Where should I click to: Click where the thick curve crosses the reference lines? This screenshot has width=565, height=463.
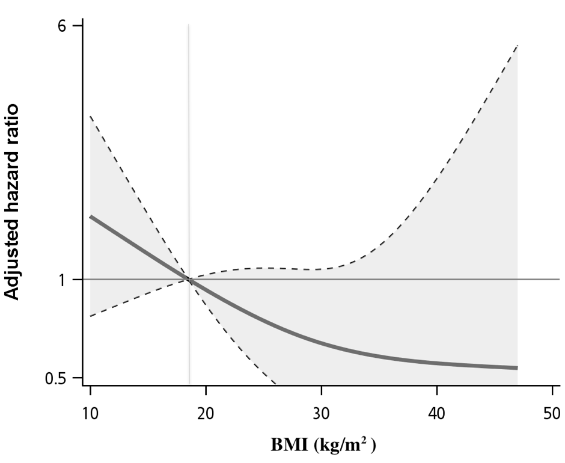point(189,280)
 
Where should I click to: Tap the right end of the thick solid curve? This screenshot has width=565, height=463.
point(517,368)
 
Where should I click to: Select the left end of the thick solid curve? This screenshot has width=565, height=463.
point(90,216)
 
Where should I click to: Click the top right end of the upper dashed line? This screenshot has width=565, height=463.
point(517,45)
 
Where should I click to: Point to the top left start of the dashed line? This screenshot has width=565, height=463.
point(90,116)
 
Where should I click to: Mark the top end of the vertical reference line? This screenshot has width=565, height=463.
point(189,25)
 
